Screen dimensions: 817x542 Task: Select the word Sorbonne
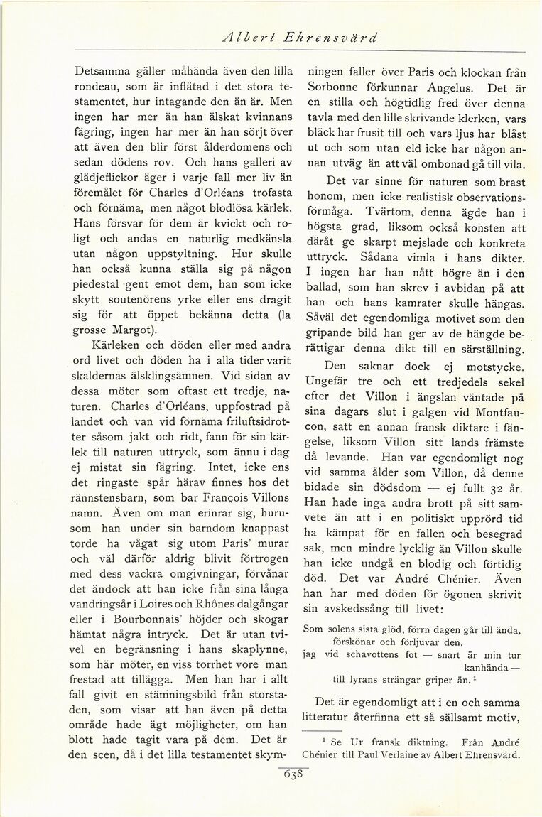coord(336,89)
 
